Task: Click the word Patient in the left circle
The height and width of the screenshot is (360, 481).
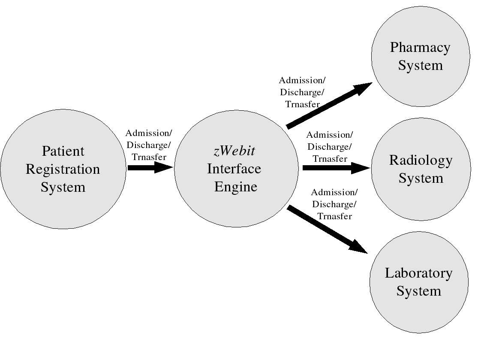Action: [63, 151]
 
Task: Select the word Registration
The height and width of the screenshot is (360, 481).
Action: [63, 169]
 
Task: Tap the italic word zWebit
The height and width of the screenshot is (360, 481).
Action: [234, 151]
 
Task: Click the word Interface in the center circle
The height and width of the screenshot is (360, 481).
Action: [234, 169]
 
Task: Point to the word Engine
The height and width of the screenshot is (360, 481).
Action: [236, 187]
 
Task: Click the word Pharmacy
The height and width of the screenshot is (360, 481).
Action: [420, 47]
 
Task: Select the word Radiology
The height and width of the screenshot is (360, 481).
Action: [421, 160]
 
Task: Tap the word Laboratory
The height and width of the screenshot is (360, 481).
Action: [418, 273]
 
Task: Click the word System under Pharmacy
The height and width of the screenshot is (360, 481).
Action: [420, 65]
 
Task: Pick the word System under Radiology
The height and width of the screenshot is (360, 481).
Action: [421, 178]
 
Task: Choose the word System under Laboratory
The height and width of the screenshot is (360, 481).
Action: [418, 291]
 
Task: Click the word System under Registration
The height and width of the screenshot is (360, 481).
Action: [63, 187]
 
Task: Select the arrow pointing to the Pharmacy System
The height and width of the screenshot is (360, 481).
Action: [328, 105]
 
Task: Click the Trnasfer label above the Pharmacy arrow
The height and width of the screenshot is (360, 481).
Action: [302, 104]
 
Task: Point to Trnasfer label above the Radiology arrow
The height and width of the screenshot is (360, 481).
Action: [330, 159]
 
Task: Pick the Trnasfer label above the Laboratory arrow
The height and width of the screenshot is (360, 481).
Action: [334, 216]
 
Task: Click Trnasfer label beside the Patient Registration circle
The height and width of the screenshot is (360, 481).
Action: [149, 157]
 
